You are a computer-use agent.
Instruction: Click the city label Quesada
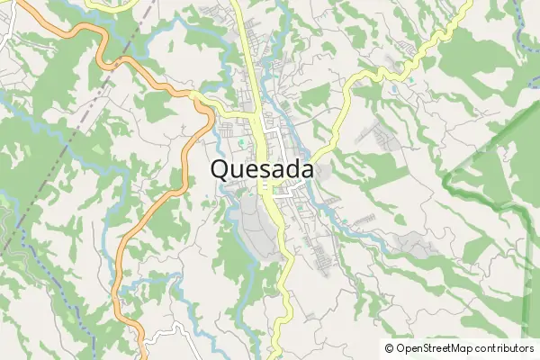[x=263, y=170]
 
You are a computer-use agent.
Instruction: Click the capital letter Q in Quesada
[x=221, y=170]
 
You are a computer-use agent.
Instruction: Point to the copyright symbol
[x=389, y=348]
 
